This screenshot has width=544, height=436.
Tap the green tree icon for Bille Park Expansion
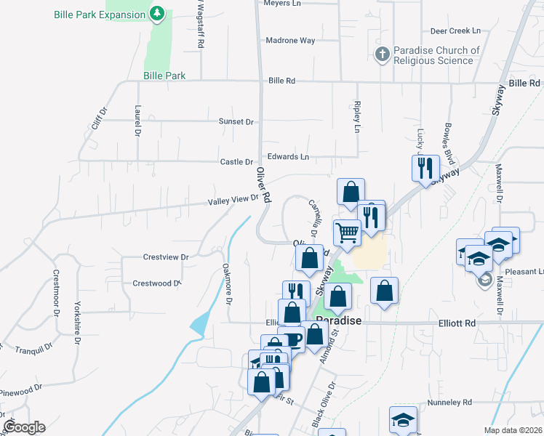[x=156, y=13]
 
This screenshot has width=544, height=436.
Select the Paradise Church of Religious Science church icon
[x=383, y=54]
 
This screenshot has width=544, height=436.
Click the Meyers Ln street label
[x=283, y=4]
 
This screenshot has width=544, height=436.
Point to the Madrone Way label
[x=290, y=41]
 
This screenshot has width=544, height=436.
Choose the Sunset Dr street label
[x=236, y=122]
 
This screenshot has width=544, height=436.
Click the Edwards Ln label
[x=288, y=156]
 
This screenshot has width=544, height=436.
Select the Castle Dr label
[x=236, y=162]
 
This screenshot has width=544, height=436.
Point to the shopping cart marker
[x=348, y=233]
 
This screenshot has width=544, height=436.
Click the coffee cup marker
[x=292, y=339]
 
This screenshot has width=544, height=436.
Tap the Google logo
[x=24, y=427]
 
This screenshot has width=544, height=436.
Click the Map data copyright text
[x=513, y=430]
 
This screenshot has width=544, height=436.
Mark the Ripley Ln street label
[x=356, y=116]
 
